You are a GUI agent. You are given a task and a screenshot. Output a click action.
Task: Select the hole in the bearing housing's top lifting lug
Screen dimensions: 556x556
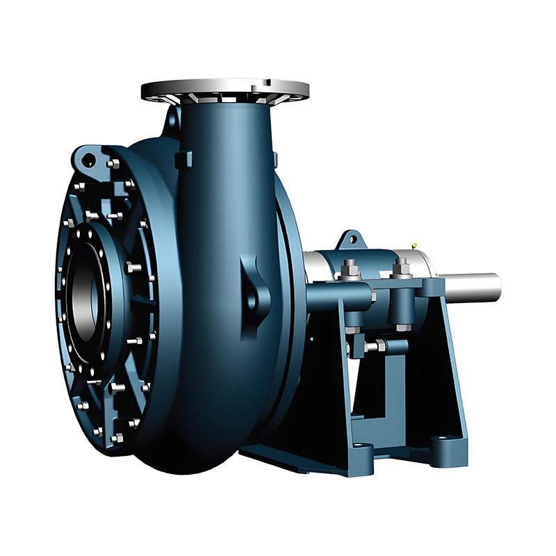coord(352,240)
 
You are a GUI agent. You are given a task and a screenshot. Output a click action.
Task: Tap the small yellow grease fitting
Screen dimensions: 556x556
coord(414,245)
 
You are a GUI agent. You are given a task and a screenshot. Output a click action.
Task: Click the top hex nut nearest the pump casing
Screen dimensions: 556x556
coord(350,265)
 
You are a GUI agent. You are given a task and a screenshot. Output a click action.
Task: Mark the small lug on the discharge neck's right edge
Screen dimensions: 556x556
coord(274,158)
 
